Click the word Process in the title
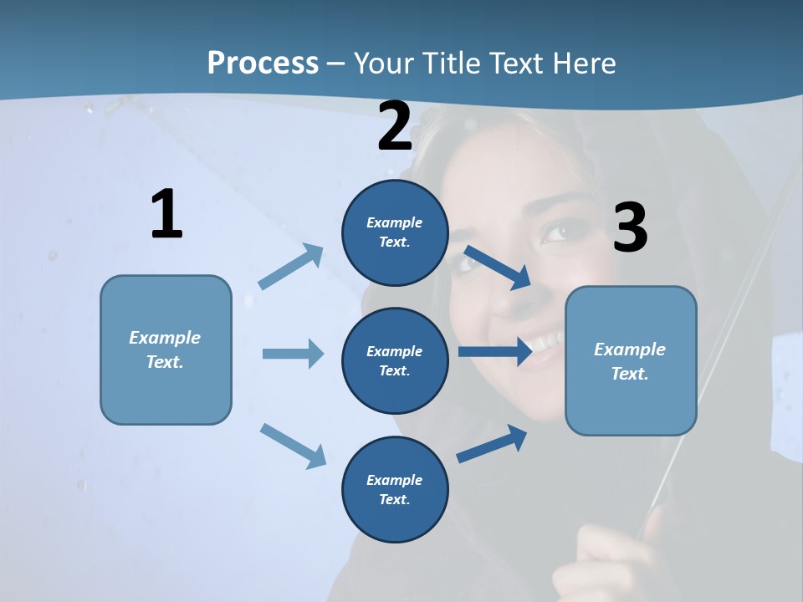coord(263,64)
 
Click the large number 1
coord(166,215)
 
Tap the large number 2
coord(395,126)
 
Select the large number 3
coord(630,228)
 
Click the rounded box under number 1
coord(166,349)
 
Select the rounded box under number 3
coord(631,361)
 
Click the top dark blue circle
coord(395,232)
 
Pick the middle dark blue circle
coord(395,360)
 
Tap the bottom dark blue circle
coord(395,489)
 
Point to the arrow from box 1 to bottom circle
coord(293,446)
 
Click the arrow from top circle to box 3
coord(497,267)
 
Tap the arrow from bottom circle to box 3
coord(492,444)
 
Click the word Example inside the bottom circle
coord(395,480)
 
